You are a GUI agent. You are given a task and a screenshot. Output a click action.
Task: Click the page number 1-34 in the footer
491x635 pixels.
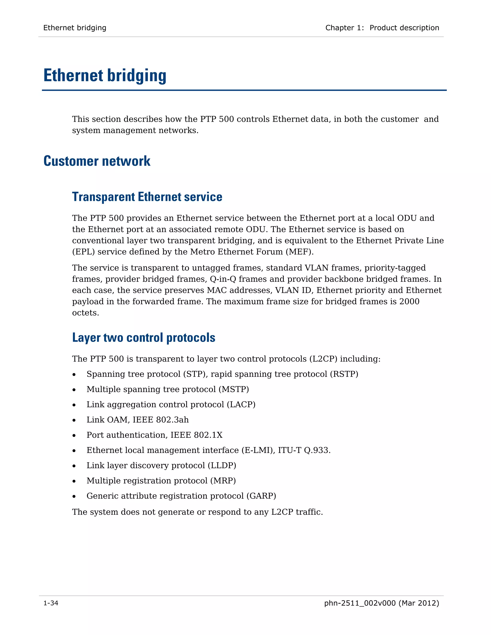[x=51, y=603]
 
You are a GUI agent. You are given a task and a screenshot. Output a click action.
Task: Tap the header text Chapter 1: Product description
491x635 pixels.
[x=382, y=28]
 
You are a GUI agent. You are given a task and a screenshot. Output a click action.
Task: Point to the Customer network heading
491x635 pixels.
[x=97, y=161]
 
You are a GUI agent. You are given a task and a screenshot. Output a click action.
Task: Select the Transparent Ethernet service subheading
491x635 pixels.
[x=147, y=197]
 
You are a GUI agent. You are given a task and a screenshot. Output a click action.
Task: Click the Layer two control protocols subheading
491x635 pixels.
[x=143, y=338]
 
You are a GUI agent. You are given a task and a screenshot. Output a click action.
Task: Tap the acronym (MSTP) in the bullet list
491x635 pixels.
[x=234, y=389]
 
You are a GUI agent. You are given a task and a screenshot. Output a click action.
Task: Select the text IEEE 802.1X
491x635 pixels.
[x=196, y=435]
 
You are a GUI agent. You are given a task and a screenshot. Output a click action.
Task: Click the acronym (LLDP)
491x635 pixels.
[x=222, y=466]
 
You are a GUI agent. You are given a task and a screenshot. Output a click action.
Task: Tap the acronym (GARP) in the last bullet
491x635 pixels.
[x=261, y=496]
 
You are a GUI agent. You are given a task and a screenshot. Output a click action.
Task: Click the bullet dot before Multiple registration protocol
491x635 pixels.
[x=74, y=481]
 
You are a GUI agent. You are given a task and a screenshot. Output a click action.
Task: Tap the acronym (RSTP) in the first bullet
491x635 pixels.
[x=344, y=374]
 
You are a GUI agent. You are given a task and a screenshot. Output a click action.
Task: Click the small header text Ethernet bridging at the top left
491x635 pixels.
[x=75, y=28]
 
